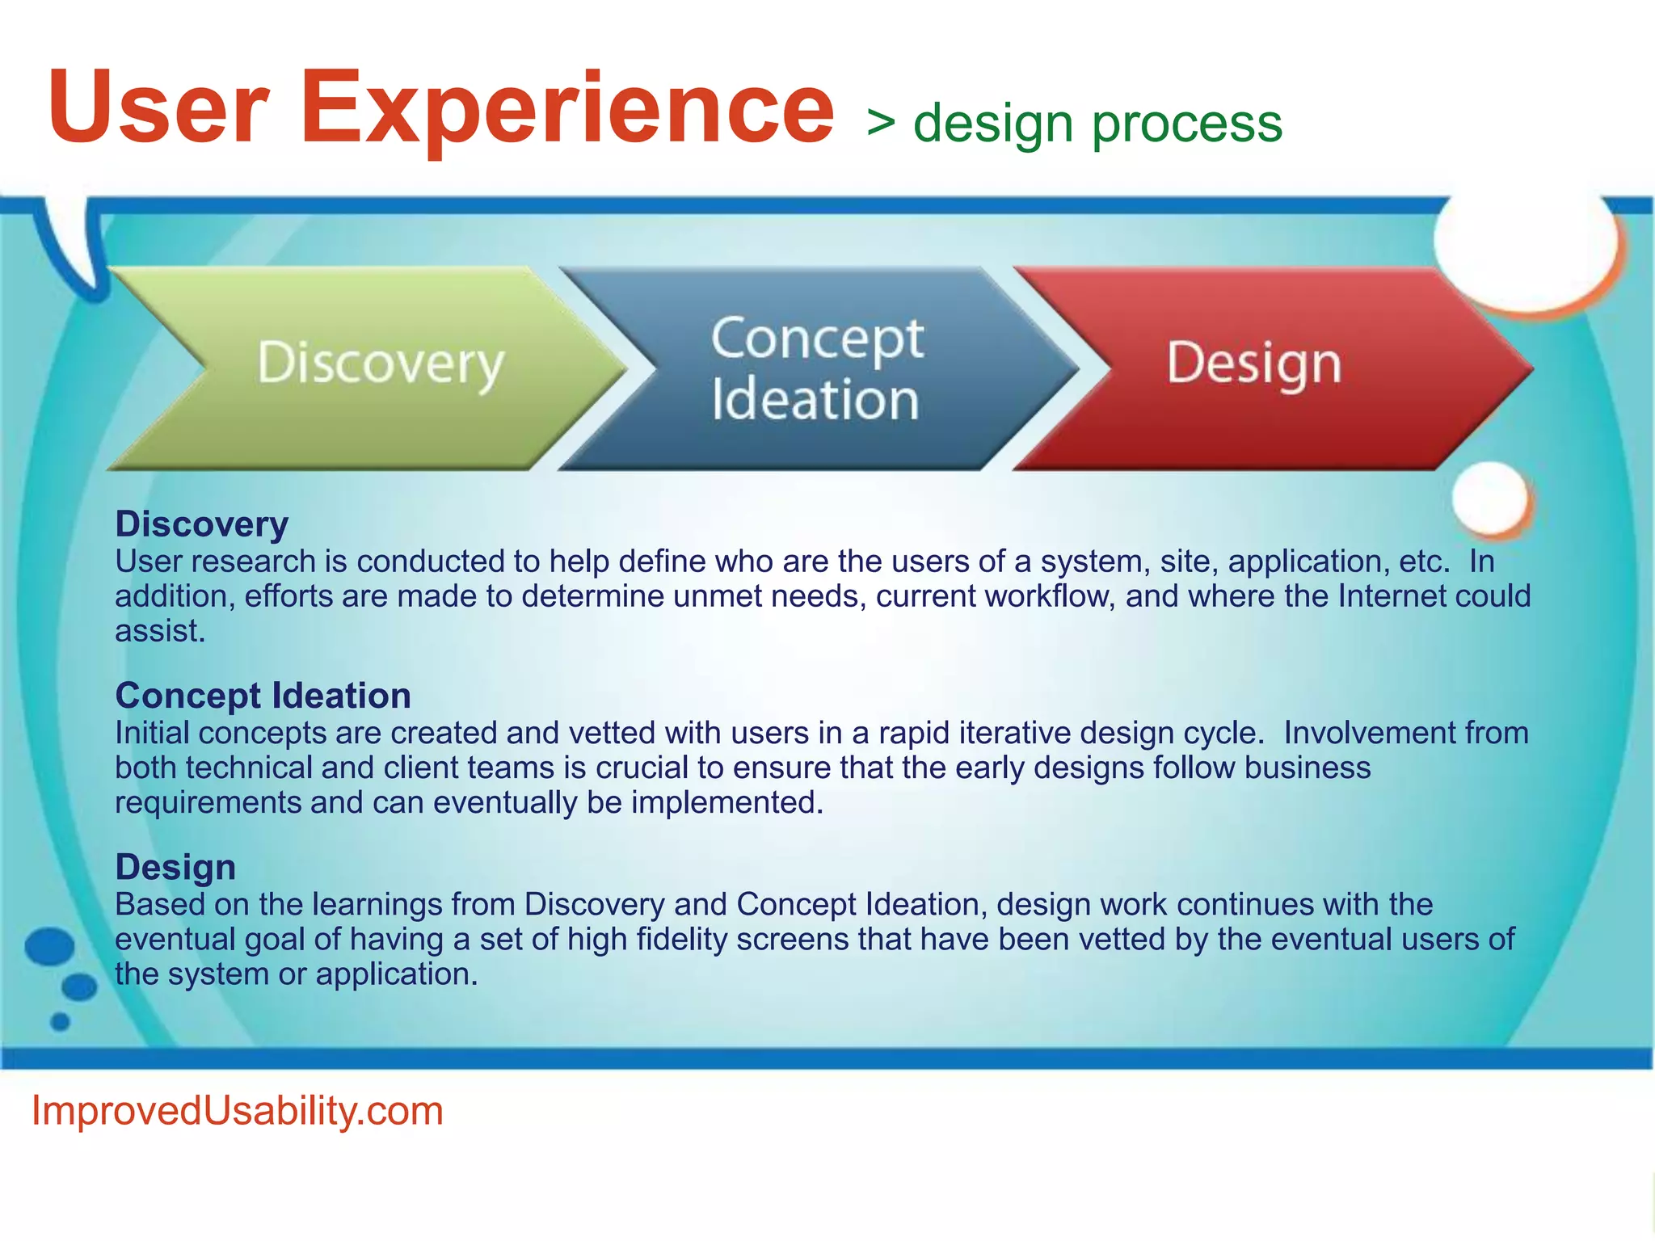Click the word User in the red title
pyautogui.click(x=158, y=109)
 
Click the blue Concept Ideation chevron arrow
pyautogui.click(x=816, y=368)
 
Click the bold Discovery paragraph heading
pyautogui.click(x=201, y=524)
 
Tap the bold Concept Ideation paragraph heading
pyautogui.click(x=263, y=696)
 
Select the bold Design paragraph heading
pyautogui.click(x=175, y=867)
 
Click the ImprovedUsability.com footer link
pyautogui.click(x=237, y=1111)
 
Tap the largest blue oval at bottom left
pyautogui.click(x=49, y=946)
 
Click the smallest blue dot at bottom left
pyautogui.click(x=60, y=1022)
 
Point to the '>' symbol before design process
pyautogui.click(x=881, y=124)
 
